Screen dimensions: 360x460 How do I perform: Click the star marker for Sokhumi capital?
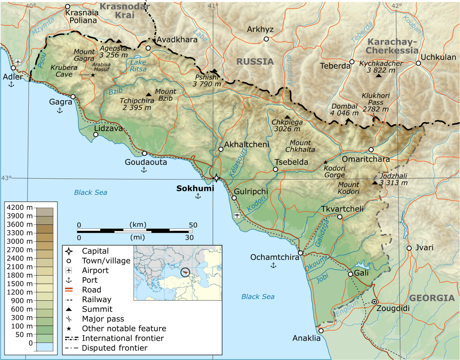[216, 178]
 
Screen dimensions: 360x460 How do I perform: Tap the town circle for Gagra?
[73, 97]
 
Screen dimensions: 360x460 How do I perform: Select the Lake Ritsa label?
[138, 66]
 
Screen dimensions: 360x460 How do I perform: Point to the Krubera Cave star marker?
[93, 75]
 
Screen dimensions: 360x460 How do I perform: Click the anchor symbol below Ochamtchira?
[273, 266]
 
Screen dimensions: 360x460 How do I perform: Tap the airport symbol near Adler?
[18, 61]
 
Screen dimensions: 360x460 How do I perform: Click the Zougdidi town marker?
[374, 302]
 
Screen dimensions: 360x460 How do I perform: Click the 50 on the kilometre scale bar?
[193, 225]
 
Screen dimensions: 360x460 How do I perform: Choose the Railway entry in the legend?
[97, 299]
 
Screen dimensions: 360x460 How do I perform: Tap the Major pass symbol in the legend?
[69, 319]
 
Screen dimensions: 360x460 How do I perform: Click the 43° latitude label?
[6, 178]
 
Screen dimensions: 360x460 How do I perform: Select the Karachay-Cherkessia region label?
[392, 46]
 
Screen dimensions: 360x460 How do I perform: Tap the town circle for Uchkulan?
[418, 63]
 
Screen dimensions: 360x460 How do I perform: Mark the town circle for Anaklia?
[321, 331]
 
